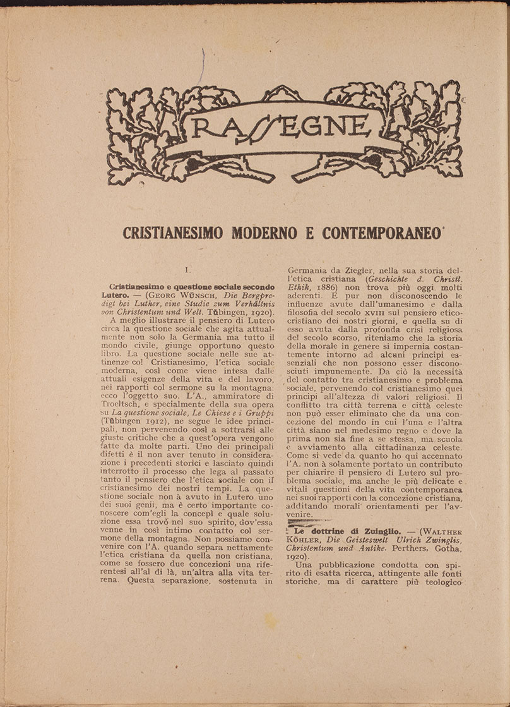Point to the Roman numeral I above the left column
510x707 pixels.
(187, 270)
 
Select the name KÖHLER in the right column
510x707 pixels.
(304, 540)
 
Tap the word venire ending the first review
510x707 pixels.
(300, 515)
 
